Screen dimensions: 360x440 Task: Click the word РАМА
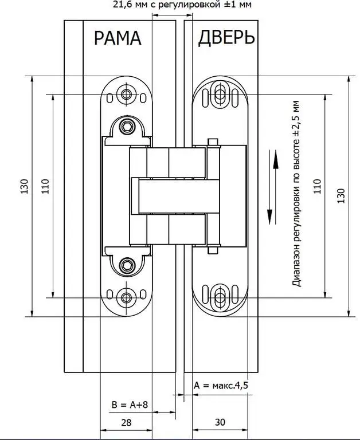click(118, 38)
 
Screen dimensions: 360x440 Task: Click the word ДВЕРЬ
click(226, 38)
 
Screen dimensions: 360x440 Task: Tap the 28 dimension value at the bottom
click(126, 422)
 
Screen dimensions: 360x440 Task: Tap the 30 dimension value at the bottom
click(220, 422)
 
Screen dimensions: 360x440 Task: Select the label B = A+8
click(130, 404)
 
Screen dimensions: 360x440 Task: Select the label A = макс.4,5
click(221, 385)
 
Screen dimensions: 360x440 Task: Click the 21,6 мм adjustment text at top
click(182, 5)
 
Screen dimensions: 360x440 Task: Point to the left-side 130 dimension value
click(25, 186)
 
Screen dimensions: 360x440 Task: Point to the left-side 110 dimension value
click(45, 186)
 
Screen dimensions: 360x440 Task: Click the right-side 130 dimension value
click(341, 196)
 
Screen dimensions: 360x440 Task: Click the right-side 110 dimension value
click(317, 186)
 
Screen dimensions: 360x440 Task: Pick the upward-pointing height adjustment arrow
click(276, 187)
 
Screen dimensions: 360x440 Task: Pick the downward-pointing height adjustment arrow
click(270, 187)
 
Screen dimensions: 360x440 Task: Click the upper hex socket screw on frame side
click(127, 127)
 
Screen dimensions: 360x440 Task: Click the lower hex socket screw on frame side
click(127, 265)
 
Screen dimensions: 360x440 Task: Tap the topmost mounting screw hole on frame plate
click(126, 95)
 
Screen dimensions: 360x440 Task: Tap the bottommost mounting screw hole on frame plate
click(126, 298)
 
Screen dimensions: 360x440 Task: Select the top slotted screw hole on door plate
click(220, 95)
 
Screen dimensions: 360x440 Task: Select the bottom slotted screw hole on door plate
click(220, 297)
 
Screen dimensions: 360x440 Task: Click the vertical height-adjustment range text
click(296, 194)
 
